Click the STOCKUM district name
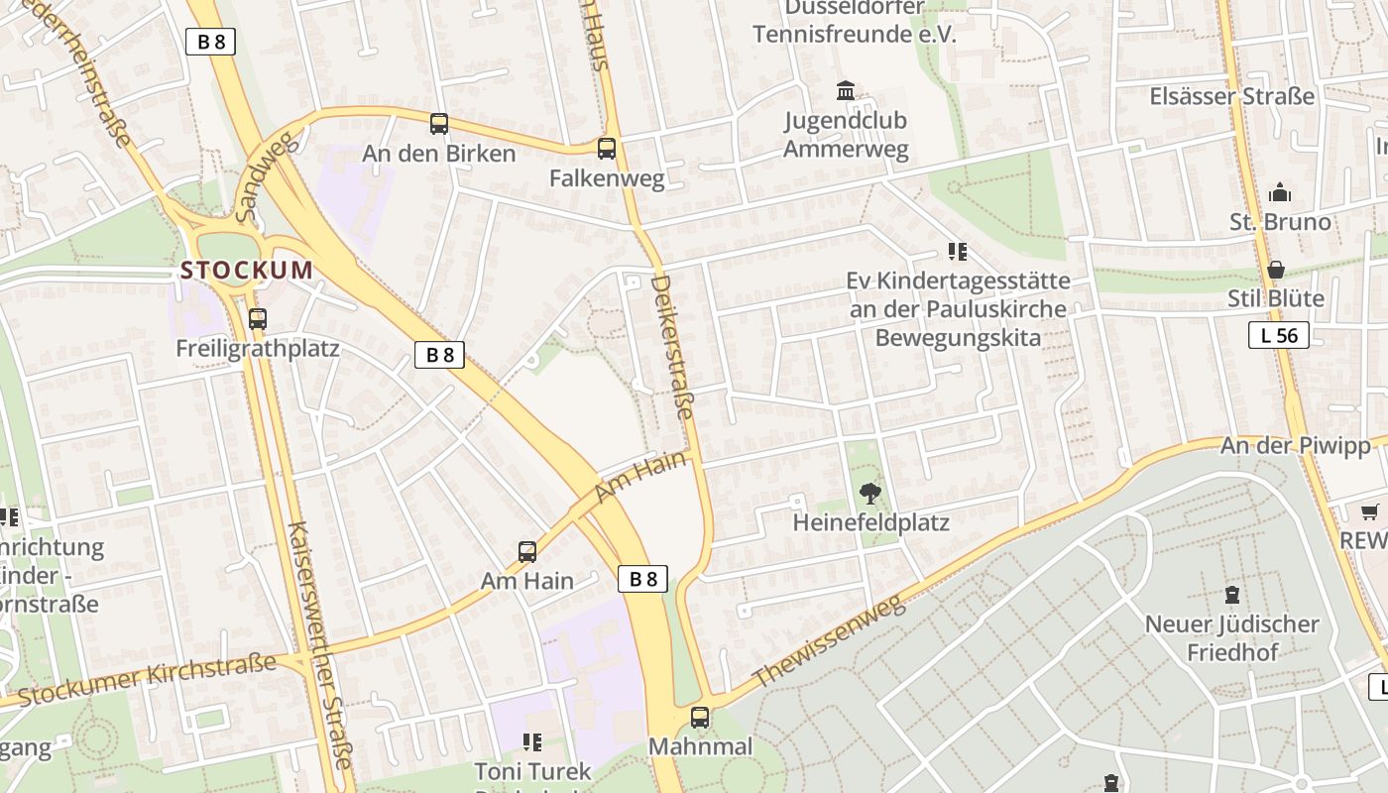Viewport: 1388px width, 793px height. click(x=246, y=270)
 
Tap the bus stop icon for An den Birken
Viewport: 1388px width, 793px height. click(x=439, y=124)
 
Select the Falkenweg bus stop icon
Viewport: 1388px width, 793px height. click(x=607, y=149)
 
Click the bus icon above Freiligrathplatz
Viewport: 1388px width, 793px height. click(x=258, y=319)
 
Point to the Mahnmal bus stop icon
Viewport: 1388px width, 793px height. click(x=700, y=717)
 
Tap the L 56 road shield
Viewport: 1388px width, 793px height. click(x=1279, y=336)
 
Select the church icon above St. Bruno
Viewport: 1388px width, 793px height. click(x=1280, y=192)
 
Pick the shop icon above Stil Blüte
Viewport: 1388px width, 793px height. click(x=1276, y=270)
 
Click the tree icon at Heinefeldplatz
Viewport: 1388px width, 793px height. click(x=870, y=492)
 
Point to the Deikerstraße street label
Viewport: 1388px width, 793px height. click(x=672, y=362)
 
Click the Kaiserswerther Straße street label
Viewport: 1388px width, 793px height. click(x=318, y=644)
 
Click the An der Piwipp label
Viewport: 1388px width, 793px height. click(x=1295, y=446)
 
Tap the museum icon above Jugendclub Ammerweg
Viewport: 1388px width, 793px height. click(x=846, y=91)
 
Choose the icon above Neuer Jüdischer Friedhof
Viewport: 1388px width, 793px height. click(x=1232, y=595)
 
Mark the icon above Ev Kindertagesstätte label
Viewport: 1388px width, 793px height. click(x=957, y=252)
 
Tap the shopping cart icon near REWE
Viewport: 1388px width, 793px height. click(x=1370, y=511)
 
